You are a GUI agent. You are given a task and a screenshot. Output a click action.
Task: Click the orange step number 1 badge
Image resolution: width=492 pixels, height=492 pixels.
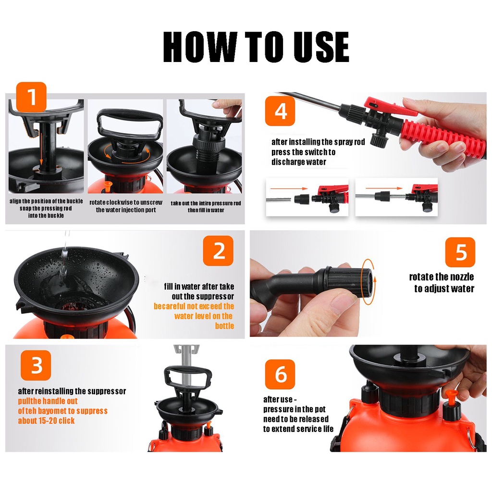(x=31, y=97)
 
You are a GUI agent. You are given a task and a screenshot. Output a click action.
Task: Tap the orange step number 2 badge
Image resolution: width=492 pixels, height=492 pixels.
(x=218, y=251)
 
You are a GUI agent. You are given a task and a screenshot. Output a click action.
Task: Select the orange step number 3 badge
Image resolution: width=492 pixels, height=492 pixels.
(x=36, y=365)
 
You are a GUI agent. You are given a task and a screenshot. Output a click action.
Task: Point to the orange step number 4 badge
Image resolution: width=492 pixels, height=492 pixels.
(x=280, y=111)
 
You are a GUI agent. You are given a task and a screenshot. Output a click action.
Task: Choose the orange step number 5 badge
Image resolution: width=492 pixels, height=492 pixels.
(x=460, y=252)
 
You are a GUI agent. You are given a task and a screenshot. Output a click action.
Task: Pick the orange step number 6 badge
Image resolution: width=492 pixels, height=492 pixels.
(x=280, y=374)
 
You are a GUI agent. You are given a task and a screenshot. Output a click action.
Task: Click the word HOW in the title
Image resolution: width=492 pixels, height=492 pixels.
(x=200, y=47)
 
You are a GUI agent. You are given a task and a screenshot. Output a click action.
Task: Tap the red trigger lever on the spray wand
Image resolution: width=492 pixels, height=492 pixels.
(x=389, y=106)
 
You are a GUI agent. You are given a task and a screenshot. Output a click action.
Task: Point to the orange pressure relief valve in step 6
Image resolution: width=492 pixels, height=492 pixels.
(x=450, y=396)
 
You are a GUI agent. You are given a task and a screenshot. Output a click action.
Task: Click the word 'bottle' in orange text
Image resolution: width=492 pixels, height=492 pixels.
(x=224, y=326)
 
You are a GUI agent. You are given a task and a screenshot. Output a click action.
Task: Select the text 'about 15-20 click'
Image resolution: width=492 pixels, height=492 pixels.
(x=46, y=420)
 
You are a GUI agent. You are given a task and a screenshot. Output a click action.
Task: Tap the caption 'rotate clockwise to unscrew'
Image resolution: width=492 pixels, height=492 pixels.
(x=126, y=202)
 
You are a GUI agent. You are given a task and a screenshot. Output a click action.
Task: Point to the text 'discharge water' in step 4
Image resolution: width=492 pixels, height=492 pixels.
(x=299, y=162)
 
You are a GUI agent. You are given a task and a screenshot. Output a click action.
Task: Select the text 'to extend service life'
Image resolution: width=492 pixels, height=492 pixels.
(x=298, y=429)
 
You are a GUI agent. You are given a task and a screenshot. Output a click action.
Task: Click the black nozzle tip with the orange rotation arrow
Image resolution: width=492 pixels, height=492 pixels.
(x=368, y=282)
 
